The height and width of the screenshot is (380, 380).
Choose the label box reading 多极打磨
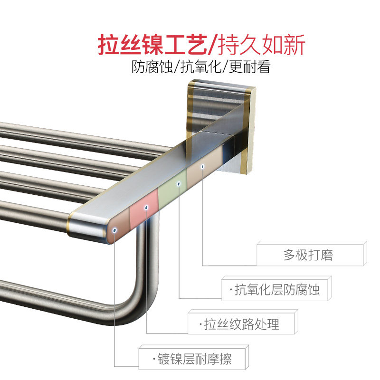(311, 255)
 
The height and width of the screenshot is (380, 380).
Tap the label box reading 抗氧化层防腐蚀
(275, 289)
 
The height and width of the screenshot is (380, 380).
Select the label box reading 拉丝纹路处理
(242, 324)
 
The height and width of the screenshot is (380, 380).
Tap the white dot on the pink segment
(146, 208)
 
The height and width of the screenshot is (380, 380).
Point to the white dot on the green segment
(179, 183)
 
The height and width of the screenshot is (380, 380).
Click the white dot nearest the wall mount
(202, 166)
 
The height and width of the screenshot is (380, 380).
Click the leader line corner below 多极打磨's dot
(203, 265)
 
